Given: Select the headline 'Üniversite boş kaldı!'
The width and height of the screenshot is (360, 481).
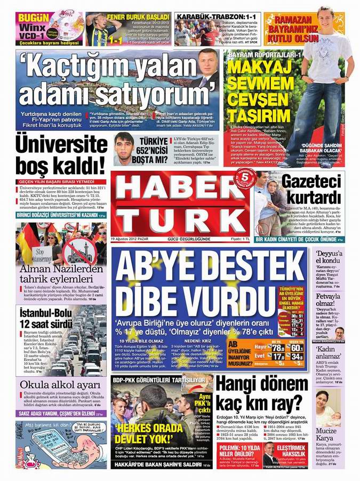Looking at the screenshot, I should pyautogui.click(x=61, y=154).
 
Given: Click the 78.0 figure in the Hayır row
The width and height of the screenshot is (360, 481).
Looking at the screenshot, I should pyautogui.click(x=278, y=348).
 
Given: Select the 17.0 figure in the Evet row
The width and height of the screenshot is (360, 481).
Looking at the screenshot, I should pyautogui.click(x=278, y=356).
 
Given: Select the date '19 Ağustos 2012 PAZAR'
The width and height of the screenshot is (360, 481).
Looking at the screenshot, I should pyautogui.click(x=130, y=239).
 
